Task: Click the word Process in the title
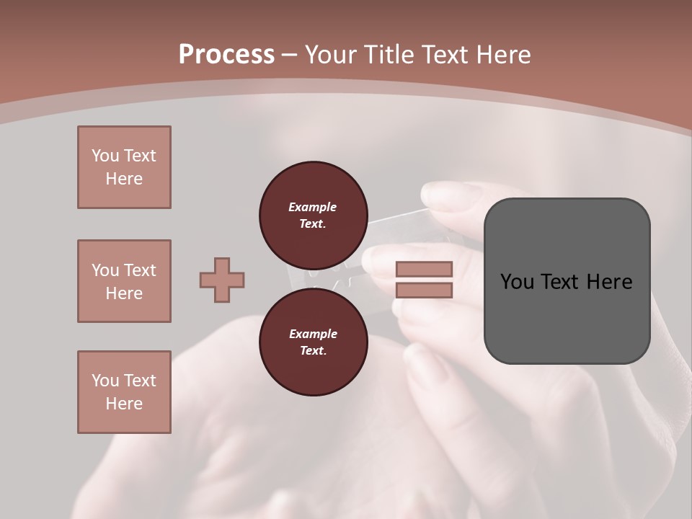tap(226, 54)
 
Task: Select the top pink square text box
tap(124, 167)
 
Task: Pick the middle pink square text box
tap(124, 281)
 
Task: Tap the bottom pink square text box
tap(124, 392)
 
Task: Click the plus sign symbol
tap(222, 280)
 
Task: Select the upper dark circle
tap(313, 215)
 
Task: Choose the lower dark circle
tap(313, 342)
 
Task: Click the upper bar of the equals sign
tap(424, 269)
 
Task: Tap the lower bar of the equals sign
tap(424, 290)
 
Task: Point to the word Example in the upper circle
tap(313, 207)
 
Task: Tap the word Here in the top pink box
tap(124, 179)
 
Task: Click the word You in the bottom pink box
tap(105, 381)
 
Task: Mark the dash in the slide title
tap(290, 55)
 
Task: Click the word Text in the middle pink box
tap(138, 270)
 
